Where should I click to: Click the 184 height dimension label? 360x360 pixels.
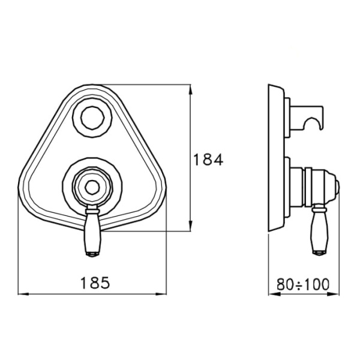[208, 160]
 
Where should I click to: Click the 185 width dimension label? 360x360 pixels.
[95, 283]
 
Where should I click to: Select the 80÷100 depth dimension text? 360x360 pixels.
[303, 284]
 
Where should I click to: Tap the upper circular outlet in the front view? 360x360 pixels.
[92, 118]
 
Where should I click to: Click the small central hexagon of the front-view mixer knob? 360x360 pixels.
[92, 188]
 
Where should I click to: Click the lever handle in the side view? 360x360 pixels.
[320, 230]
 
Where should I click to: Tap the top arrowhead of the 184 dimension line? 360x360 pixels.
[190, 89]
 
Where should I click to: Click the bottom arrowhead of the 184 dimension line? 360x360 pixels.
[190, 226]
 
